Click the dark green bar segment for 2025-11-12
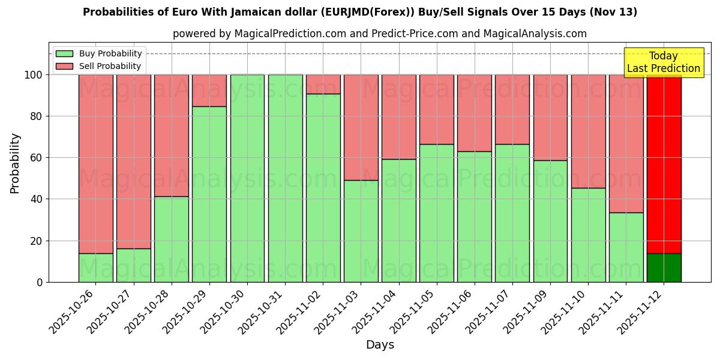point(664,268)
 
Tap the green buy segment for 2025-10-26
point(95,268)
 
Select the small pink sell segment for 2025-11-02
point(323,84)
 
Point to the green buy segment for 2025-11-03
point(361,231)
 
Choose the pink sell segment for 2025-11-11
point(626,144)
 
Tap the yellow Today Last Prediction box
point(663,62)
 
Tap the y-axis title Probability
point(15,163)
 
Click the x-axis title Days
point(380,345)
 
